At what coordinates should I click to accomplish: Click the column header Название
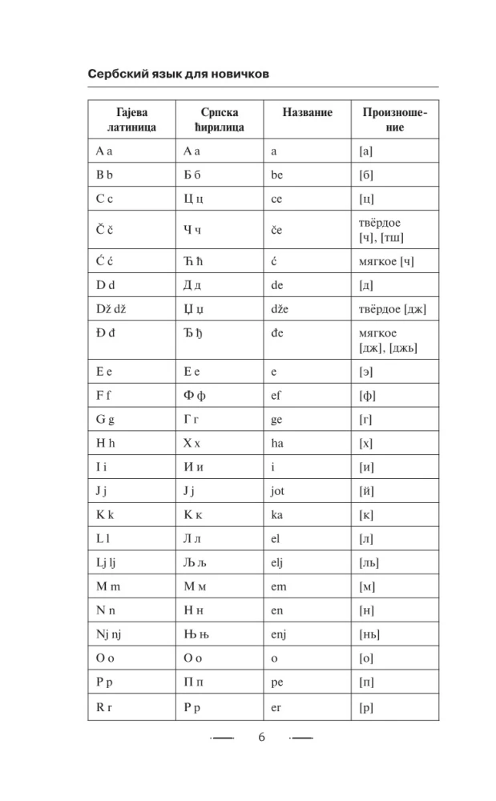click(308, 113)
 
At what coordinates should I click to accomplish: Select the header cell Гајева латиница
click(131, 119)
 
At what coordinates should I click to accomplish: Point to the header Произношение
click(395, 119)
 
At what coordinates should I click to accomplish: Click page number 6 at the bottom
click(261, 738)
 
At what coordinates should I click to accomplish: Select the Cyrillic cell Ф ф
click(194, 395)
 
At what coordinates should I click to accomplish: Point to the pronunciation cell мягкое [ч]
click(387, 261)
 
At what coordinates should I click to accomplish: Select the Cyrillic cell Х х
click(192, 442)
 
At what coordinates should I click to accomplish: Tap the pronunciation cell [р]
click(367, 706)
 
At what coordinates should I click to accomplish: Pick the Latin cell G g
click(105, 419)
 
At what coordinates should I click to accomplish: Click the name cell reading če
click(277, 230)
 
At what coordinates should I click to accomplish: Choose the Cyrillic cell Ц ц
click(194, 199)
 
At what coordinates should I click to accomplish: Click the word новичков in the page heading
click(236, 74)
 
